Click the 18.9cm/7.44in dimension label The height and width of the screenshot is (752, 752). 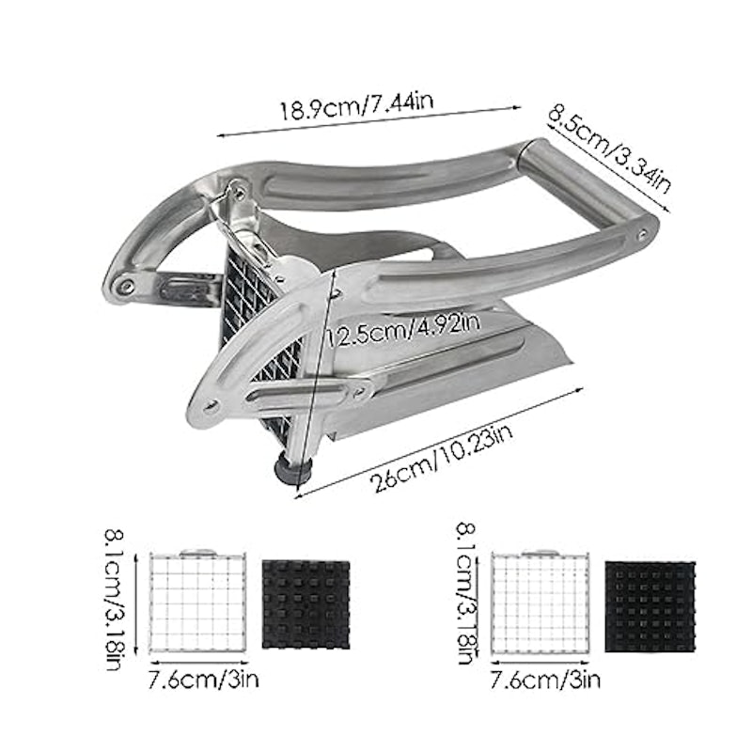click(x=356, y=107)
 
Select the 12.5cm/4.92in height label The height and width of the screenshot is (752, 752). click(x=402, y=331)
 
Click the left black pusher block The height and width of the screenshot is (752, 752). click(x=306, y=604)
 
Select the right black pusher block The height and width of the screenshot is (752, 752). click(x=650, y=606)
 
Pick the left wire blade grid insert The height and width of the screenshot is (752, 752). click(x=197, y=602)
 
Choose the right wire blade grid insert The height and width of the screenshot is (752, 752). click(x=540, y=603)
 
